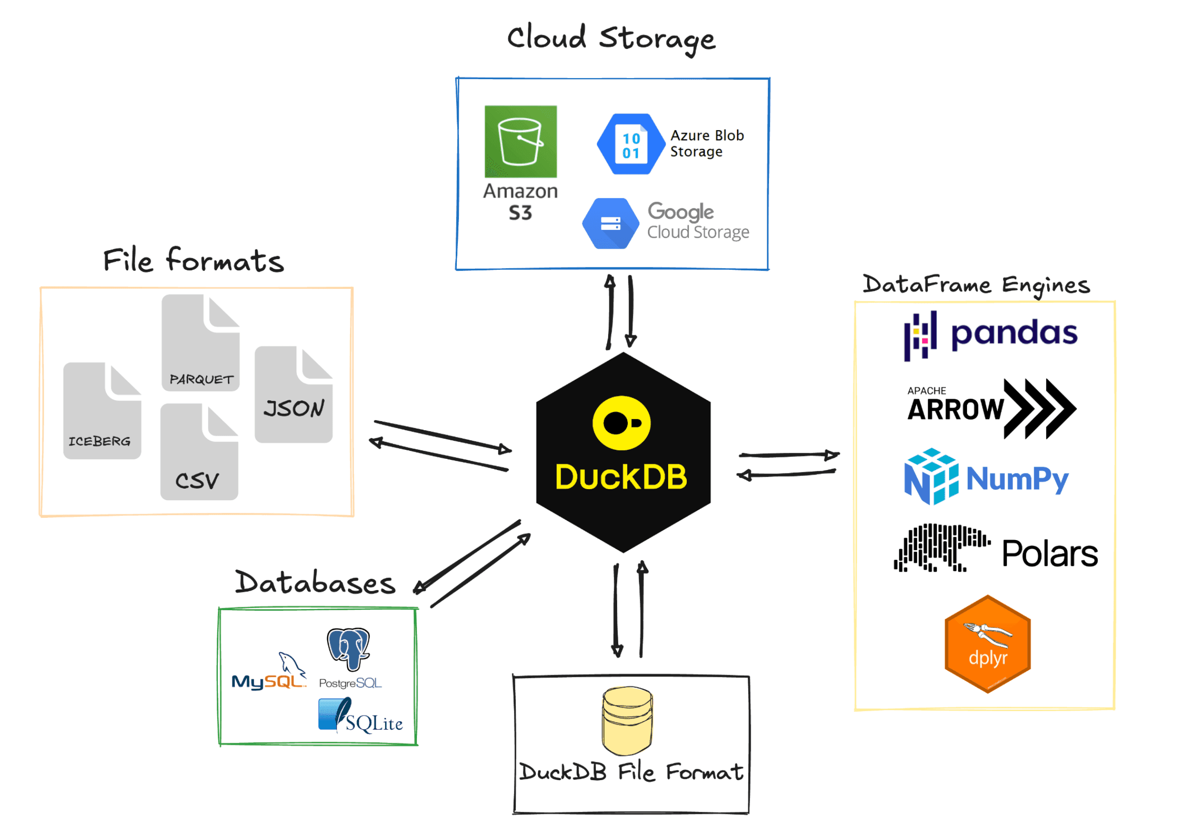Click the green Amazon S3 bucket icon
(520, 142)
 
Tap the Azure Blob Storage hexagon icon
(631, 144)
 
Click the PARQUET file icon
(201, 342)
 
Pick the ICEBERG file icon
(102, 410)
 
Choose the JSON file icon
(293, 394)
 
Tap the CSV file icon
(199, 452)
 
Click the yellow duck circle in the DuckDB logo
(622, 423)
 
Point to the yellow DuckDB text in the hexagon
(621, 477)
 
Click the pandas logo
(990, 335)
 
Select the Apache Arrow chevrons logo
(1039, 409)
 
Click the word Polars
(1049, 554)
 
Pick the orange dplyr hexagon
(987, 644)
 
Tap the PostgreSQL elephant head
(348, 647)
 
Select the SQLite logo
(361, 716)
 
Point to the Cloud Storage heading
(611, 38)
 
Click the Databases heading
(315, 583)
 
